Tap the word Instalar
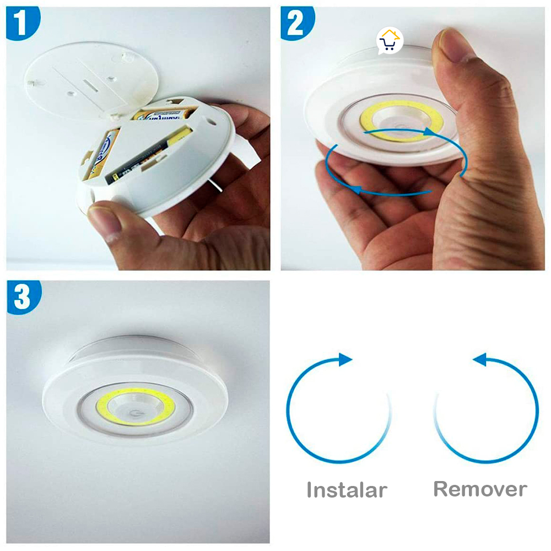(347, 490)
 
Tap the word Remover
(480, 489)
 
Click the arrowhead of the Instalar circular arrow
(345, 360)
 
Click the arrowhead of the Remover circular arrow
(479, 360)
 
